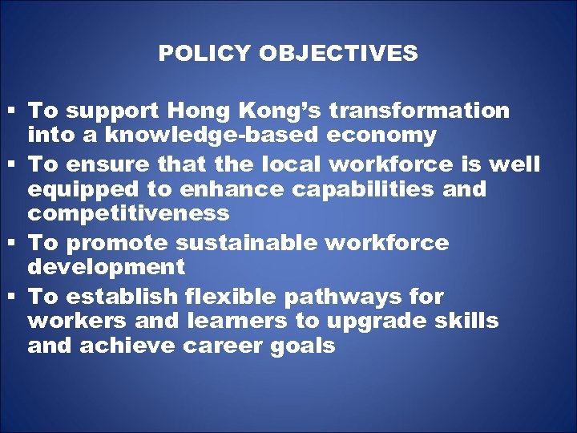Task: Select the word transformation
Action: (x=419, y=110)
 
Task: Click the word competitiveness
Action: (x=128, y=214)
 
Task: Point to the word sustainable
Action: (x=251, y=242)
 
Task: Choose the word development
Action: (x=106, y=266)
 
